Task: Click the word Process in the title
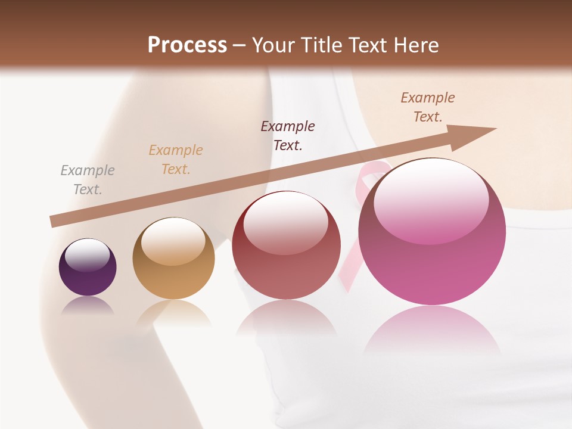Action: click(x=187, y=45)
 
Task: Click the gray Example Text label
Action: click(x=87, y=180)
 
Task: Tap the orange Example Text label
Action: click(x=176, y=160)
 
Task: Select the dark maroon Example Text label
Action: click(x=288, y=135)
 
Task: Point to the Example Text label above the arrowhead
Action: click(x=427, y=107)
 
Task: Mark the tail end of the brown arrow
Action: click(x=52, y=222)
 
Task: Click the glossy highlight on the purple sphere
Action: click(x=87, y=254)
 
